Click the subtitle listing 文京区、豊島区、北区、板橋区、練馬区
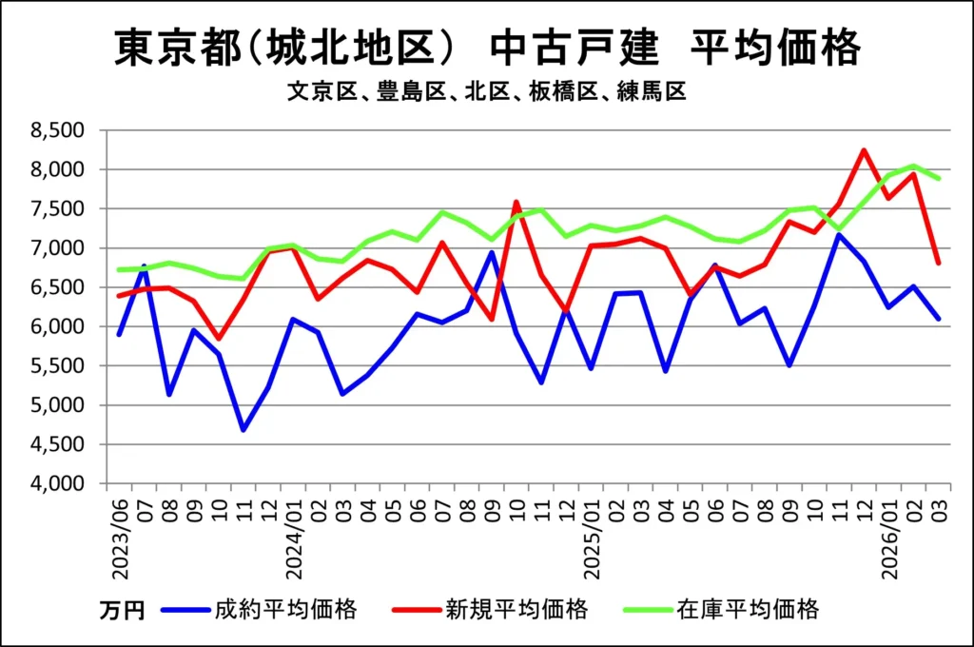[x=486, y=92]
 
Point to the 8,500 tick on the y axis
[x=58, y=130]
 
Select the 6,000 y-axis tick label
[x=58, y=326]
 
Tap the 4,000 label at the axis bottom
[x=58, y=483]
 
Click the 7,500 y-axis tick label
[x=58, y=208]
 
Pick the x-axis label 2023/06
[x=121, y=537]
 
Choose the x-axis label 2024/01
[x=294, y=537]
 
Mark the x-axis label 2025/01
[x=591, y=537]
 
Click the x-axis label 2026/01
[x=887, y=537]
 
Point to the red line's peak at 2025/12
[x=864, y=149]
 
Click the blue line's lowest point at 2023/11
[x=243, y=430]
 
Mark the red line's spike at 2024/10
[x=516, y=202]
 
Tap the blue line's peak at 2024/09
[x=491, y=252]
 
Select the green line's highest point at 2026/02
[x=913, y=166]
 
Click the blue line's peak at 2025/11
[x=839, y=234]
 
